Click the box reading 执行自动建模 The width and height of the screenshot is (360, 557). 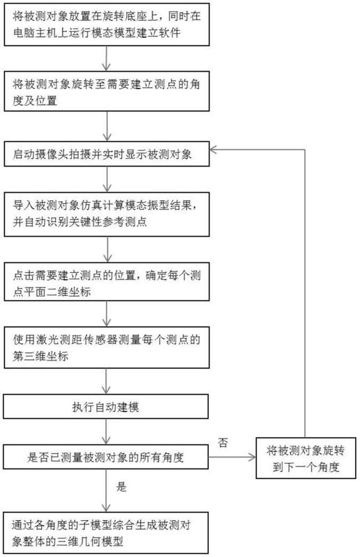[x=106, y=407]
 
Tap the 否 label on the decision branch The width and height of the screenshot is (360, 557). [x=223, y=443]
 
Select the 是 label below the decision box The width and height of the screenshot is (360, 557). [x=121, y=487]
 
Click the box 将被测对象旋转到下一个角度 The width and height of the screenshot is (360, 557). [x=306, y=458]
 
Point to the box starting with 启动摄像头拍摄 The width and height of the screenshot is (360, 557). [x=107, y=154]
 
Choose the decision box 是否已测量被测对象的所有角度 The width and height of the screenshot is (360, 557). [x=106, y=457]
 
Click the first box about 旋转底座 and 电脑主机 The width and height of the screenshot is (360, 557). [x=107, y=24]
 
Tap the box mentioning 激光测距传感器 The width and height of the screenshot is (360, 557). [x=107, y=347]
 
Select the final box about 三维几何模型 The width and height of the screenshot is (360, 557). [x=106, y=533]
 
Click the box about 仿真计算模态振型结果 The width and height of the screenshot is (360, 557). [x=107, y=214]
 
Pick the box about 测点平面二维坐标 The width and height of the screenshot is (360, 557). [x=107, y=282]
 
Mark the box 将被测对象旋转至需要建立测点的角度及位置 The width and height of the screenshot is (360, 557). [x=107, y=91]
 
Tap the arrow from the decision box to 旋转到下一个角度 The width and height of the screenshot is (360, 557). [x=232, y=457]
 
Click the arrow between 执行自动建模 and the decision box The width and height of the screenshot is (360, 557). [x=106, y=432]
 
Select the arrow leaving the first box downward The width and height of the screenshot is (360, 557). [x=107, y=58]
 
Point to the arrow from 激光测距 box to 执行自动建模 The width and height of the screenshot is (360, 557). [x=107, y=382]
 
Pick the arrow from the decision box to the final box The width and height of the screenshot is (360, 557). [x=106, y=491]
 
